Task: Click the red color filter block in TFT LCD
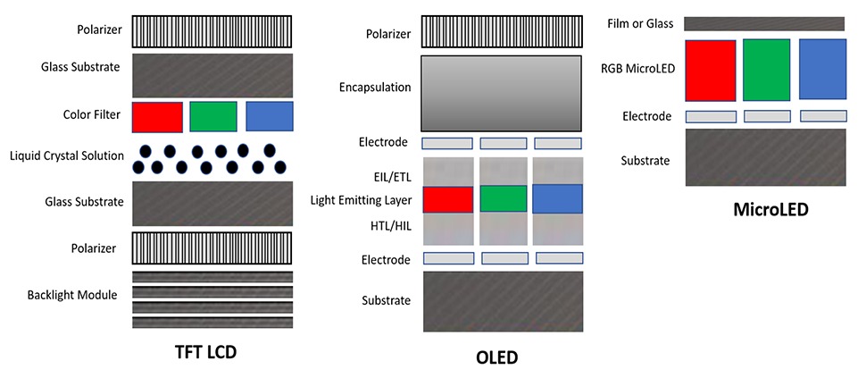157,117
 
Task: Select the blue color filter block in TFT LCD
269,117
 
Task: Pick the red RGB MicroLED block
711,70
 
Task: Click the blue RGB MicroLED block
822,69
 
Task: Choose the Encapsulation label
375,88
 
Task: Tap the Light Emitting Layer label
361,200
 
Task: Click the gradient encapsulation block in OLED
503,92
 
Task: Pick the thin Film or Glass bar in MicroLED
764,23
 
